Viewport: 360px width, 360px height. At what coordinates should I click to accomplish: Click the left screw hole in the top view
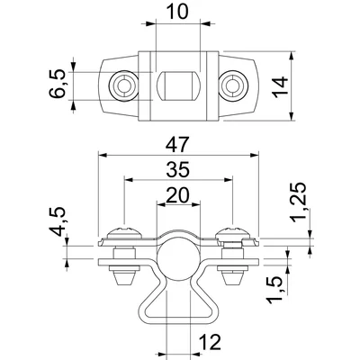click(122, 85)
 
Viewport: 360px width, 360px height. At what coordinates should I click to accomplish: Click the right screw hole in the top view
click(233, 85)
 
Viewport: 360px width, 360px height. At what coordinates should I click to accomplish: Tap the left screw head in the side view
click(122, 234)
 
